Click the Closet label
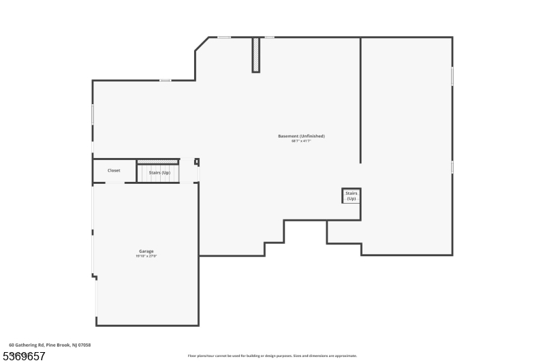pos(114,170)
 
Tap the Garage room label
pos(146,251)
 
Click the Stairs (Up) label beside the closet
pos(159,173)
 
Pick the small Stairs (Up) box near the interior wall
pos(351,195)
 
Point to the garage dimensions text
pos(146,257)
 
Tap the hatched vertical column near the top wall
pos(255,54)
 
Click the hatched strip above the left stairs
pos(157,161)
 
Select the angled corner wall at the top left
pos(202,44)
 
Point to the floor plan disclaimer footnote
pos(272,356)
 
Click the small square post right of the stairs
pos(197,162)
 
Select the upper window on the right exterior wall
pos(452,76)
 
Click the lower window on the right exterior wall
pos(452,167)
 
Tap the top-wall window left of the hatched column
pos(223,37)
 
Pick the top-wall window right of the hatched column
pos(269,37)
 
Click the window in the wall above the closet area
pos(165,80)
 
